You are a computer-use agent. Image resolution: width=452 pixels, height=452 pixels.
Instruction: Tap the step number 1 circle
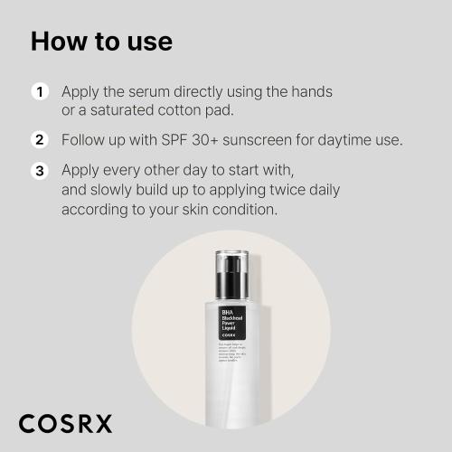click(x=40, y=92)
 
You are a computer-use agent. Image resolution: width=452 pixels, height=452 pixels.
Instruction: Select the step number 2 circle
click(x=40, y=140)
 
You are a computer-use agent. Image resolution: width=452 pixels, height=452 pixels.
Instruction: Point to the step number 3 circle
click(x=40, y=170)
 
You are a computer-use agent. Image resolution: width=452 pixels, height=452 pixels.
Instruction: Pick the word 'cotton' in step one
click(x=177, y=110)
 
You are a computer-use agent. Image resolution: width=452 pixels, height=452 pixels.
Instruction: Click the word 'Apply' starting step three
click(x=82, y=170)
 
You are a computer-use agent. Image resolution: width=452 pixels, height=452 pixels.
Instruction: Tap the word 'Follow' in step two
click(x=84, y=140)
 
